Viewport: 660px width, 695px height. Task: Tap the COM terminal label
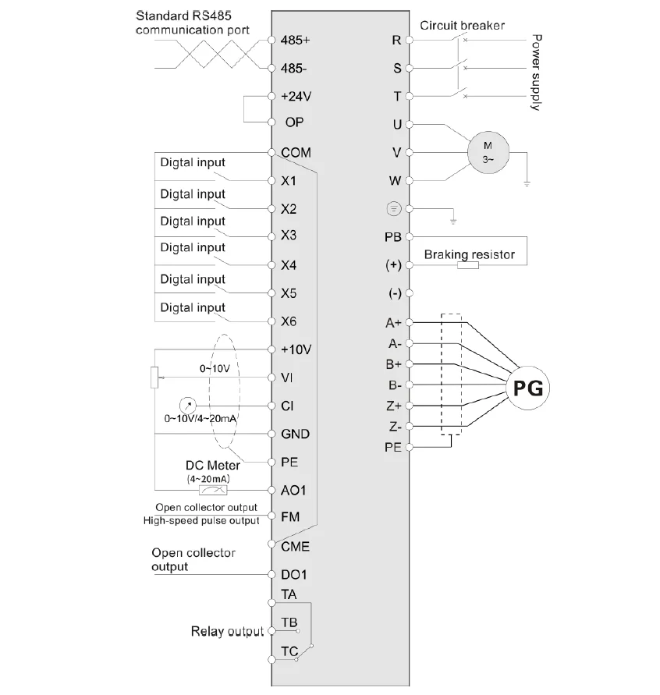pos(296,153)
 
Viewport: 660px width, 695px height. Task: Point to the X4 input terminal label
pos(289,265)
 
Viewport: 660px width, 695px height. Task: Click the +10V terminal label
pos(296,349)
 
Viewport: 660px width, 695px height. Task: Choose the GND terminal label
pos(294,434)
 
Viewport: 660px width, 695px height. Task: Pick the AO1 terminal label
pos(293,490)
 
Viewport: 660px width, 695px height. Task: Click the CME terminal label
pos(295,546)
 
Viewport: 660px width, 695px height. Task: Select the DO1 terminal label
pos(294,575)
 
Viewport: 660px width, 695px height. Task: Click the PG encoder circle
pos(527,386)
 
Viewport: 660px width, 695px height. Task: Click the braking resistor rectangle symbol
pos(468,265)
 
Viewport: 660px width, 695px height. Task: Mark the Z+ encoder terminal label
pos(393,406)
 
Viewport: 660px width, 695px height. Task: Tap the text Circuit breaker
pos(462,25)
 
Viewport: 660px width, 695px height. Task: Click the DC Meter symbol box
pos(213,490)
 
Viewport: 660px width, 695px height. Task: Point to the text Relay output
pos(228,631)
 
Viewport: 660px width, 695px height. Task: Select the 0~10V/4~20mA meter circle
pos(186,406)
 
